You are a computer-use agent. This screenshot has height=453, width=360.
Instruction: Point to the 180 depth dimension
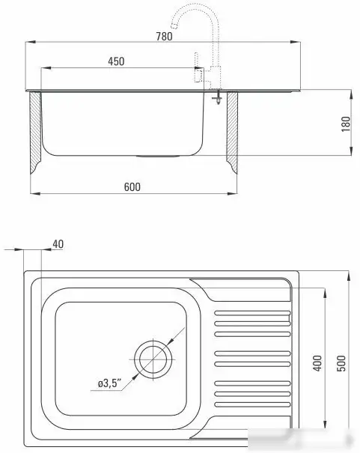click(x=345, y=124)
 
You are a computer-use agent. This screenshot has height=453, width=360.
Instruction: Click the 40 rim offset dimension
click(x=58, y=243)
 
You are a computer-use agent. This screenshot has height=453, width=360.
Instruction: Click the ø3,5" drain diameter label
click(x=109, y=383)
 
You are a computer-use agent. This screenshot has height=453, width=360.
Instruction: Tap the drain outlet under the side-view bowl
click(x=158, y=156)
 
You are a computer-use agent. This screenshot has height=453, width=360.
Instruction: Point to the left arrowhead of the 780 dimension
click(x=27, y=43)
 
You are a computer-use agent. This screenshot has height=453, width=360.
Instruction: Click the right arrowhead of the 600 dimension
click(x=237, y=194)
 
